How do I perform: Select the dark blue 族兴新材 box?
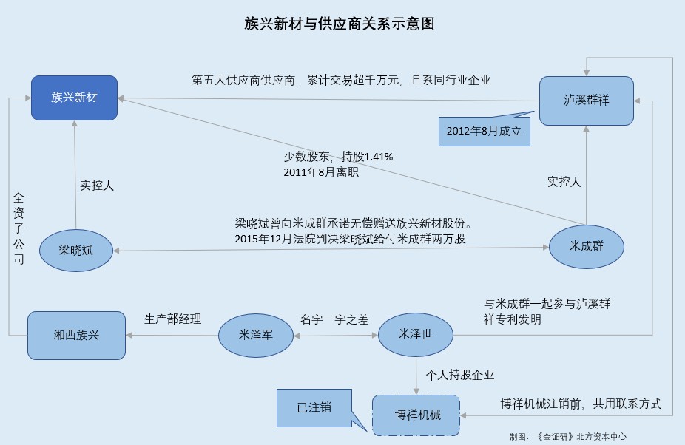point(75,98)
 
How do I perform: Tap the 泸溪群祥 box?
point(586,101)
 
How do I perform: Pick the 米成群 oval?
point(587,246)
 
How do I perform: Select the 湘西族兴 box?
point(76,335)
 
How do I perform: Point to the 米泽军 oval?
point(257,335)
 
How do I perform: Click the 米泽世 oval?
point(415,335)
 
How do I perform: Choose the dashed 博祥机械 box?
point(415,415)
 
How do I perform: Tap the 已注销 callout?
point(314,407)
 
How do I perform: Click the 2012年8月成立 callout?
point(484,131)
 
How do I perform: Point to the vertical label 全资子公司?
point(18,228)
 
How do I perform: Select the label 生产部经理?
point(173,319)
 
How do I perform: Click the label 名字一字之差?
point(334,319)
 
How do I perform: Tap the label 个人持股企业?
point(459,374)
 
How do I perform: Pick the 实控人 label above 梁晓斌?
point(97,186)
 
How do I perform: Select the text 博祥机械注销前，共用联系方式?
point(581,404)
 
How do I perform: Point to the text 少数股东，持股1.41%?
point(338,157)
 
